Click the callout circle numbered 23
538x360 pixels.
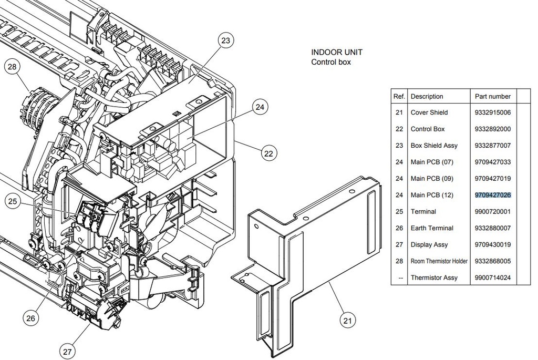click(225, 41)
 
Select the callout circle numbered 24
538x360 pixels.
click(260, 107)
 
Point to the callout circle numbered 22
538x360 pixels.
click(268, 153)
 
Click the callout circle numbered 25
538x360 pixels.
click(13, 201)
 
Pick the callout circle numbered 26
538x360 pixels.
click(30, 318)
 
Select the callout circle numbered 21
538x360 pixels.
click(348, 320)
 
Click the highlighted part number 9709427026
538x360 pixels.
click(493, 195)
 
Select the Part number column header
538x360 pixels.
click(493, 96)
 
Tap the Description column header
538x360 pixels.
click(427, 96)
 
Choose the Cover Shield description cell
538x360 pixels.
click(429, 112)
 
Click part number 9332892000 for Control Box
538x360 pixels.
click(493, 129)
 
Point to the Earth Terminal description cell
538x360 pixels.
click(432, 228)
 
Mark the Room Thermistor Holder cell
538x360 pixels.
click(439, 261)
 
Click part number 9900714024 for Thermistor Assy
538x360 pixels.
click(493, 277)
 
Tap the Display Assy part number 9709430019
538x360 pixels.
click(493, 244)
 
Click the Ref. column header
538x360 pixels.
click(399, 96)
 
